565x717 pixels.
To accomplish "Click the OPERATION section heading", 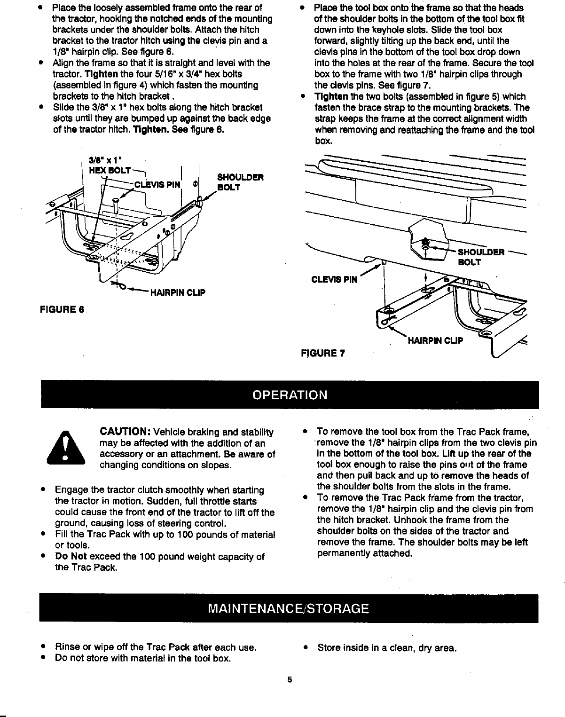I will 290,394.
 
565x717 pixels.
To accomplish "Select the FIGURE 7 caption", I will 322,353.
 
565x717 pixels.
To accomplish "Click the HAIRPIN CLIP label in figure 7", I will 435,340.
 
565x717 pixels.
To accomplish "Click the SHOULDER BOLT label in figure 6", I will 240,182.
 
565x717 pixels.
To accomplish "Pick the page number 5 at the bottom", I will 290,679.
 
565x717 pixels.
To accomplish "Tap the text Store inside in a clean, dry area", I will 387,648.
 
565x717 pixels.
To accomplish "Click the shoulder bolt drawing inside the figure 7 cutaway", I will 425,244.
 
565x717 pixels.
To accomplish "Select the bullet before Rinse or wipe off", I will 43,647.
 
